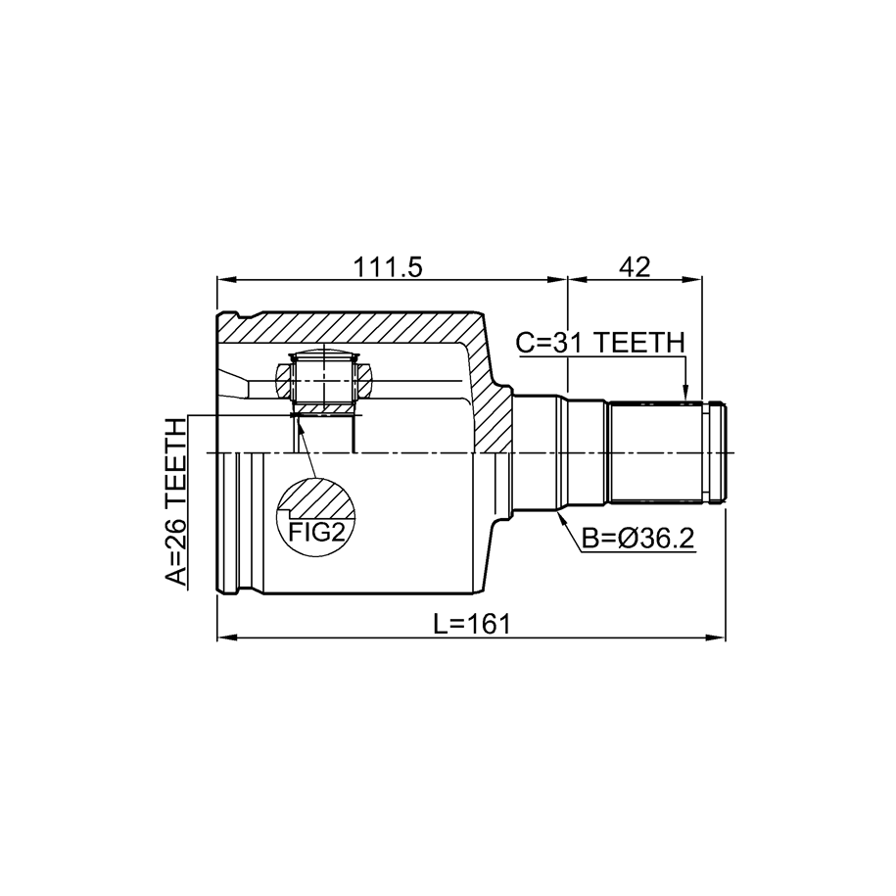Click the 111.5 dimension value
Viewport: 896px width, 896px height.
pos(388,267)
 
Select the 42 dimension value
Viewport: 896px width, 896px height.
pos(635,267)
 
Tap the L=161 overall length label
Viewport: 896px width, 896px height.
pos(472,624)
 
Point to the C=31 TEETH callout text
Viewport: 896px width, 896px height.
pos(600,343)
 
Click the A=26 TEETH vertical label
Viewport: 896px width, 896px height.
pos(176,502)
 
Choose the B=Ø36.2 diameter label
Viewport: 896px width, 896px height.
pos(638,538)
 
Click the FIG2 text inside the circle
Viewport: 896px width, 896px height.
pos(317,533)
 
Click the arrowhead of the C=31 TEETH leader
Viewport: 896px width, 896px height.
pos(686,395)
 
